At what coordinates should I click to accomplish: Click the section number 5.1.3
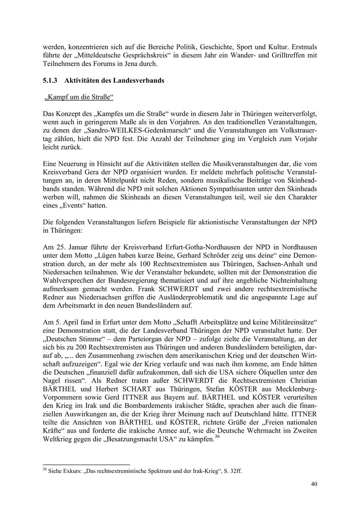tap(50, 80)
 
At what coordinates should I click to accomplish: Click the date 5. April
tap(62, 322)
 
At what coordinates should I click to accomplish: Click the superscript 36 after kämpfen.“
tap(218, 437)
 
